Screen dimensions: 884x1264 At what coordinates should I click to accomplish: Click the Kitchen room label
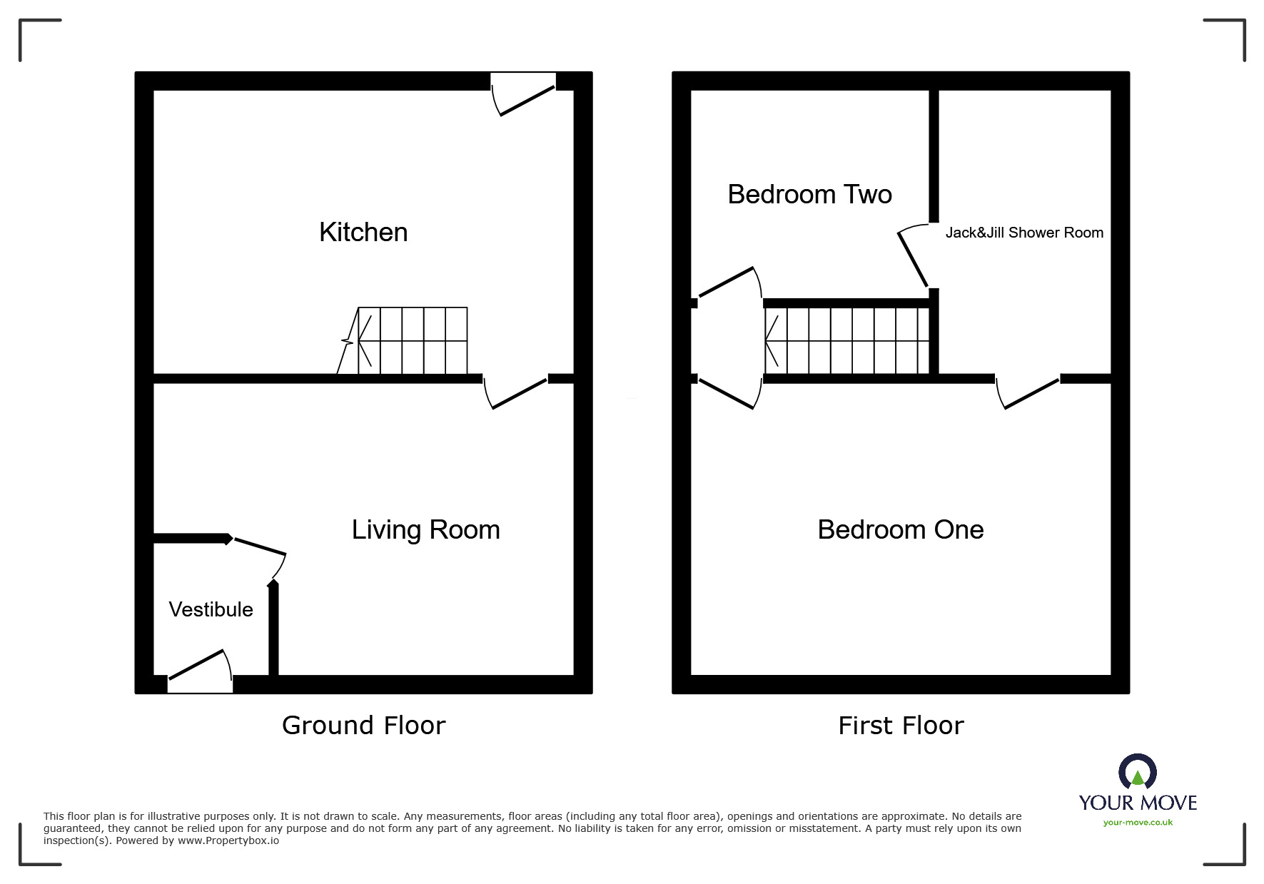coord(363,233)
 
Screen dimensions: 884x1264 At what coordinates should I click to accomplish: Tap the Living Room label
coord(425,530)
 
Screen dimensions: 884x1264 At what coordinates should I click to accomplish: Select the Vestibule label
coord(211,609)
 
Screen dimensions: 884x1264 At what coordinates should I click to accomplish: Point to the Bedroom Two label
coord(809,195)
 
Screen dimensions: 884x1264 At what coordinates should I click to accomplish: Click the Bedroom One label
coord(900,530)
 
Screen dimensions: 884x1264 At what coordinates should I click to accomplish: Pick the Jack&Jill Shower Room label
coord(1023,233)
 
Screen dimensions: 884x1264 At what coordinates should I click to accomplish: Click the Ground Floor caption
coord(363,726)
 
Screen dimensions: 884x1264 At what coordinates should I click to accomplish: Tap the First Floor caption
coord(901,726)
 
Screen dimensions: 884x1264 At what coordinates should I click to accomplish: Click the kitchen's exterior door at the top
coord(525,96)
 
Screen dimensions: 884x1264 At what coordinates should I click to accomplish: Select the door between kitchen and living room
coord(517,392)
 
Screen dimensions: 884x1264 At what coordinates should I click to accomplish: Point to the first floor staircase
coord(846,341)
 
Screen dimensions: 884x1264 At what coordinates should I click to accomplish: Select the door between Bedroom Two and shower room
coord(914,257)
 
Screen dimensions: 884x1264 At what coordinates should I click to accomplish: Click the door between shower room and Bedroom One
coord(1028,392)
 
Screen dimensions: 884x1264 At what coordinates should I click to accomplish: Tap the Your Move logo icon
coord(1137,772)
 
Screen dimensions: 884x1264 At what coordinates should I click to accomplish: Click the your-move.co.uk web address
coord(1138,823)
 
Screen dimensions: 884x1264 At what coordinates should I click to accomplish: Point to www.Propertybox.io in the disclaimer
coord(228,841)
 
